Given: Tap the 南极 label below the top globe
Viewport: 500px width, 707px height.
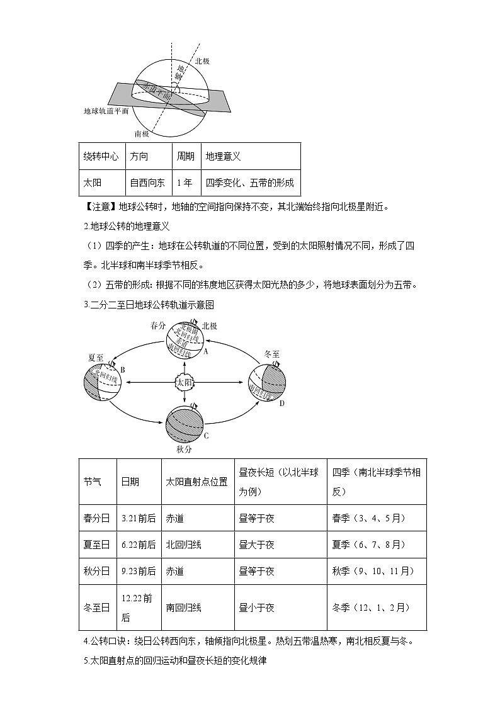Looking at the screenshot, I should [142, 133].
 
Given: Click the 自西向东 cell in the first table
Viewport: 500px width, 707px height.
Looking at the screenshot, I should [147, 183].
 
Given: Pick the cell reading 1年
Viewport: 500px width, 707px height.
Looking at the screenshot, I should [185, 183].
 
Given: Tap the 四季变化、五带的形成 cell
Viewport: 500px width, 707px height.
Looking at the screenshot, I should [249, 183].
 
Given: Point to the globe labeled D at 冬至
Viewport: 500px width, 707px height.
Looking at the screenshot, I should [267, 382].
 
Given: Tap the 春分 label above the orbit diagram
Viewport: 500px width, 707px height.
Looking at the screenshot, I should [158, 325].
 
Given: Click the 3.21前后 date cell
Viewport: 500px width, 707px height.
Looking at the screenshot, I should [139, 518].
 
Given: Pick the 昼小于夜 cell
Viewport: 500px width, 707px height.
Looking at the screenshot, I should [256, 608].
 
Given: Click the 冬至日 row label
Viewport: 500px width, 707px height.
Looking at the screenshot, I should [96, 608].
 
